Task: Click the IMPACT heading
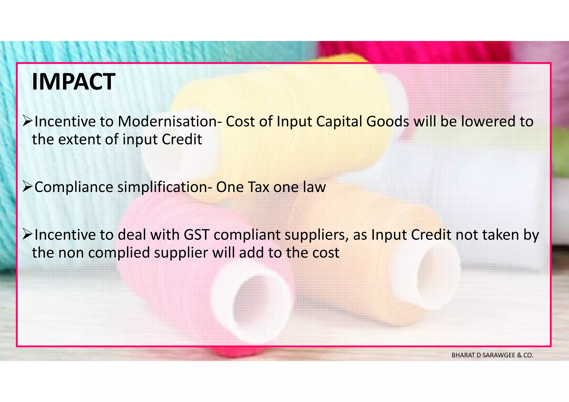pos(73,82)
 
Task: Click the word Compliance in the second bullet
pos(74,187)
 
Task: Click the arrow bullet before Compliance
pos(28,187)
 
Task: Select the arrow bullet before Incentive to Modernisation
pos(28,121)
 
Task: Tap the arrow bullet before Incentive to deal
pos(28,235)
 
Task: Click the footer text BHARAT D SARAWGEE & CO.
pos(492,355)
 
